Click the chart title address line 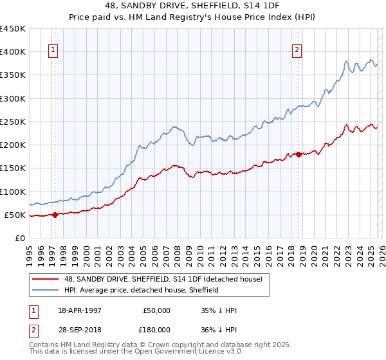[192, 6]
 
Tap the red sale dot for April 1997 [55, 215]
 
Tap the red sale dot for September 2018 [299, 154]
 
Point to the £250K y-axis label [13, 122]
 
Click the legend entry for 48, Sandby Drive [163, 280]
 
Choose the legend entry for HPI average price [141, 290]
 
